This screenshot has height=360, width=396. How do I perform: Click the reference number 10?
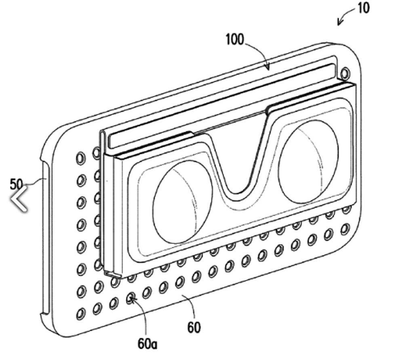(x=363, y=8)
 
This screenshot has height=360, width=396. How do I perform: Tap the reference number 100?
(x=234, y=40)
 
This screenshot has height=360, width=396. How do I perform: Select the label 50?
(x=16, y=184)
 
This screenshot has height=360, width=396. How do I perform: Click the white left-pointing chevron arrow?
(x=19, y=198)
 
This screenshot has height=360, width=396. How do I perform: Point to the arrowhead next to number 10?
(x=340, y=23)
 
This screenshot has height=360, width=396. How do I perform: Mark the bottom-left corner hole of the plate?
(x=81, y=313)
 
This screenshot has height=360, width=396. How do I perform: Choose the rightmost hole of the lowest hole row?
(x=345, y=229)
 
